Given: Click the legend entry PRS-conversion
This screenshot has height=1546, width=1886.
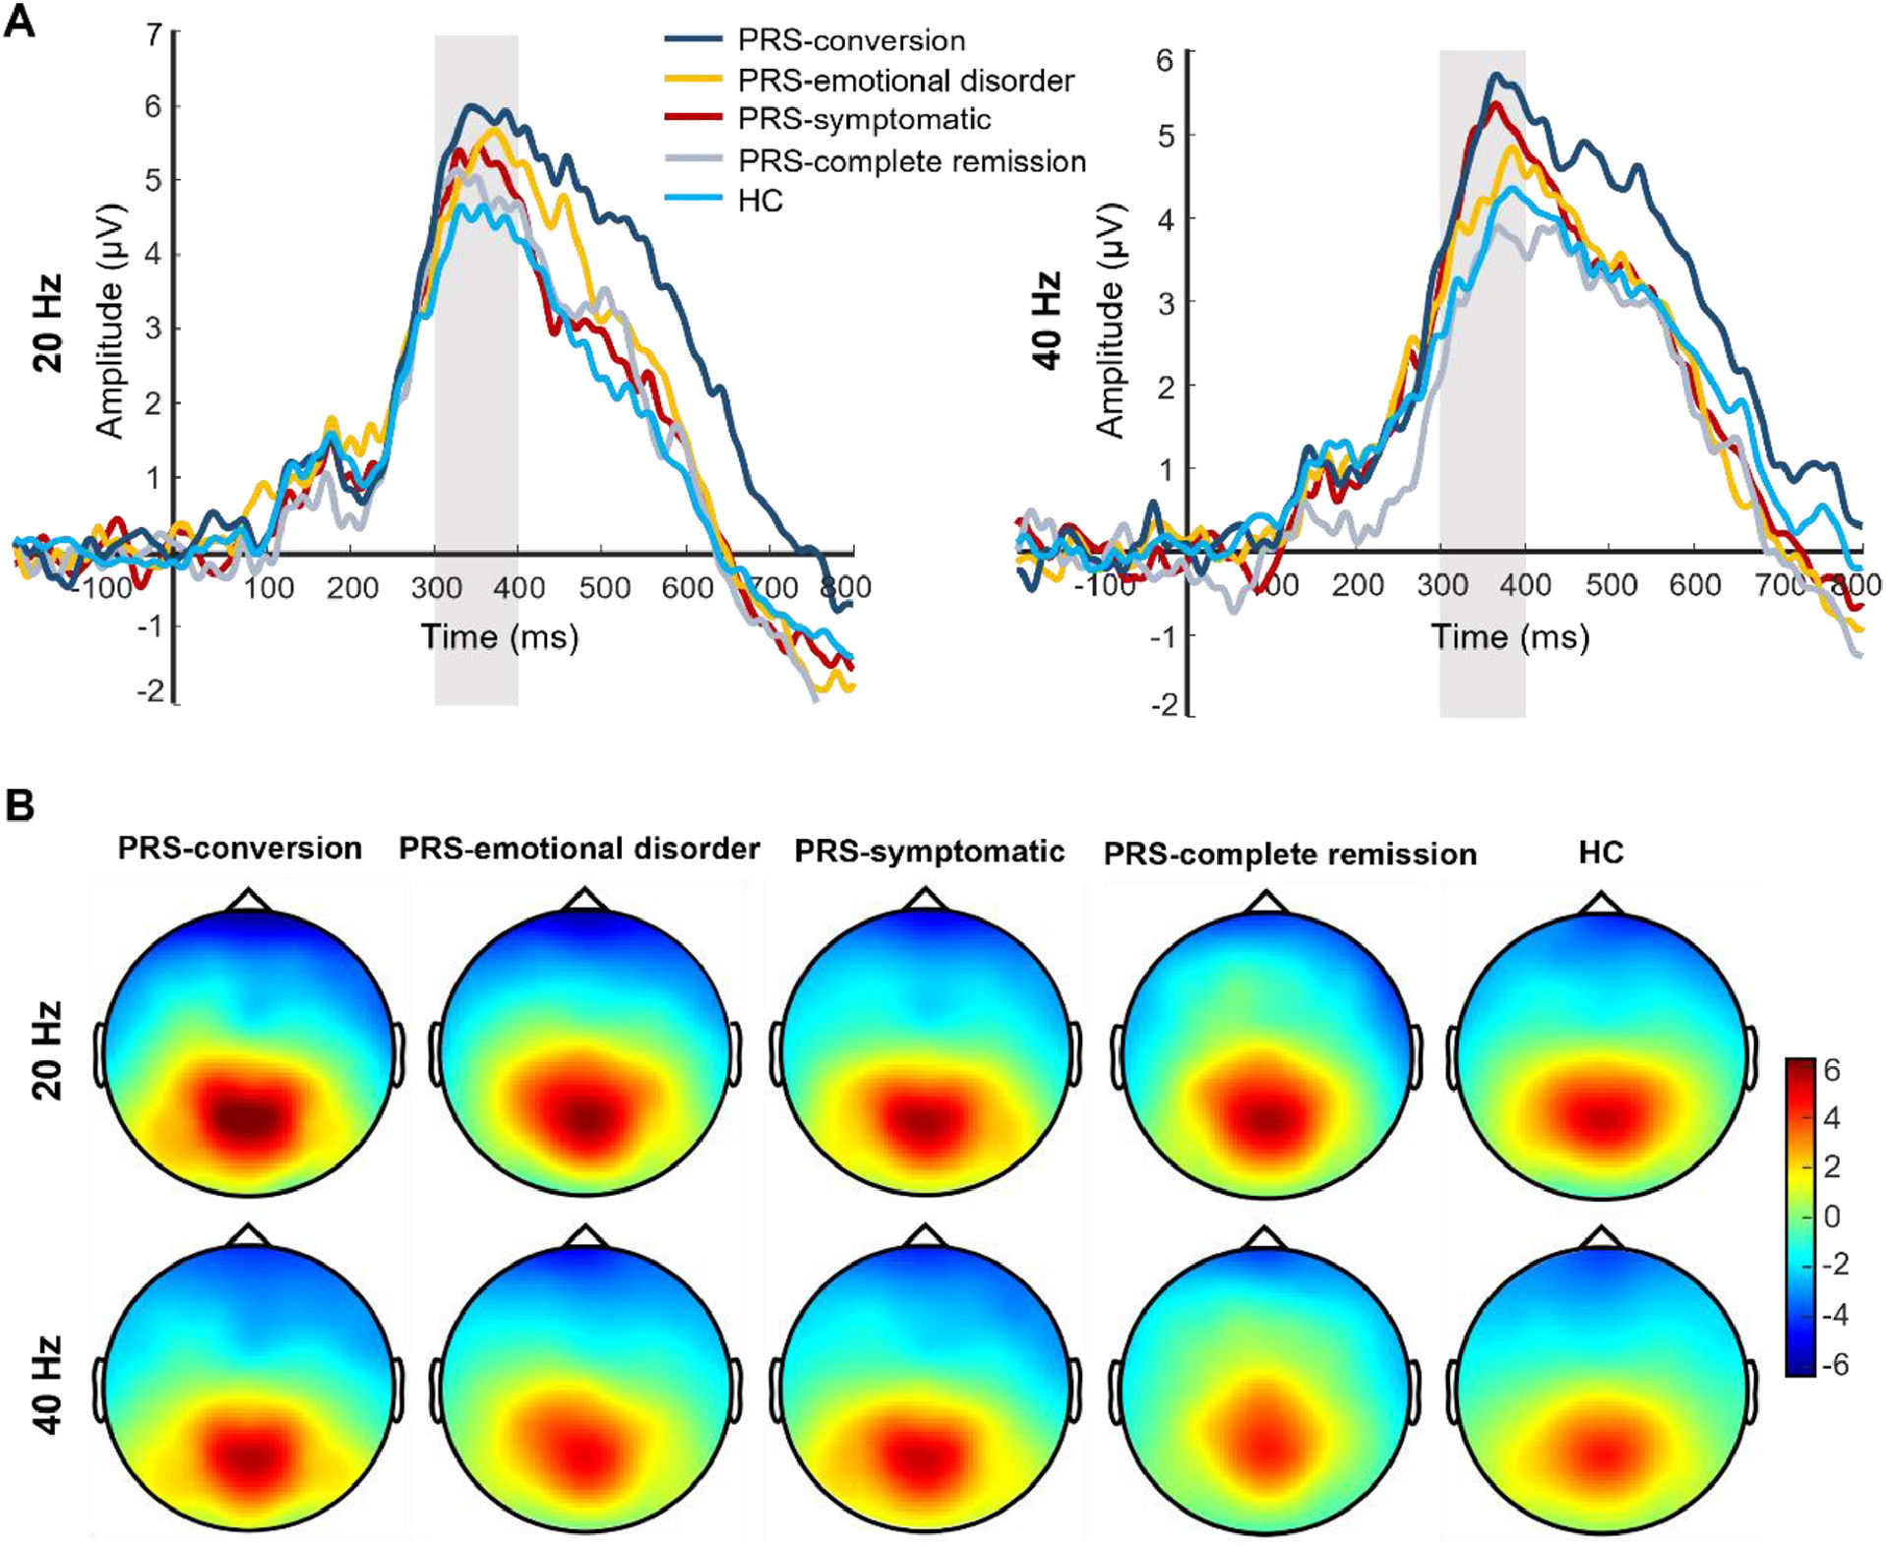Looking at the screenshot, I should [851, 40].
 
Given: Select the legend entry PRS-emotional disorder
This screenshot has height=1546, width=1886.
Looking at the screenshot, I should [905, 80].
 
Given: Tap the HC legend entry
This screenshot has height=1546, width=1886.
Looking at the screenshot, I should [760, 201].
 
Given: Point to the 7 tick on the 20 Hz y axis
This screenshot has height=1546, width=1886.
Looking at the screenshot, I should [152, 34].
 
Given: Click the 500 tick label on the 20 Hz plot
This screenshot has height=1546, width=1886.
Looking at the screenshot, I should [603, 588].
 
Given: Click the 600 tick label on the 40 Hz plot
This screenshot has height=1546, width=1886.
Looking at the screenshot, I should [1694, 585].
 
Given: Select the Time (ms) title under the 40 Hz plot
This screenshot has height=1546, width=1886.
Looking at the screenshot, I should [1509, 637].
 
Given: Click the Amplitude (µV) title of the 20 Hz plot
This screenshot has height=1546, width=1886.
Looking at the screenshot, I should [109, 320].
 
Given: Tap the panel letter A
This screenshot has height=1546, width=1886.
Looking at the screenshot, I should [20, 22].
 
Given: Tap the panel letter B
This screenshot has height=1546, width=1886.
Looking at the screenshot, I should [20, 804].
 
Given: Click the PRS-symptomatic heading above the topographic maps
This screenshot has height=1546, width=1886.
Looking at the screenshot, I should [929, 851].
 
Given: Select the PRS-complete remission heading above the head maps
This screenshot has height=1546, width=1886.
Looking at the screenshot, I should [1289, 854].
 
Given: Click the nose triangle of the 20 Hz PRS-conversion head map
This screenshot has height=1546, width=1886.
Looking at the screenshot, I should [249, 900].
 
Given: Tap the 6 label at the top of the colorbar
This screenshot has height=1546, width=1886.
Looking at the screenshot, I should [1831, 1070].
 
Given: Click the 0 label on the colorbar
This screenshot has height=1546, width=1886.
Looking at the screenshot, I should [1831, 1217].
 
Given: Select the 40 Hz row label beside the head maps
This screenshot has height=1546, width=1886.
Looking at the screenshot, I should [47, 1384].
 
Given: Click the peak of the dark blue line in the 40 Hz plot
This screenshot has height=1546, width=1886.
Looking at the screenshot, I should [1495, 75].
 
